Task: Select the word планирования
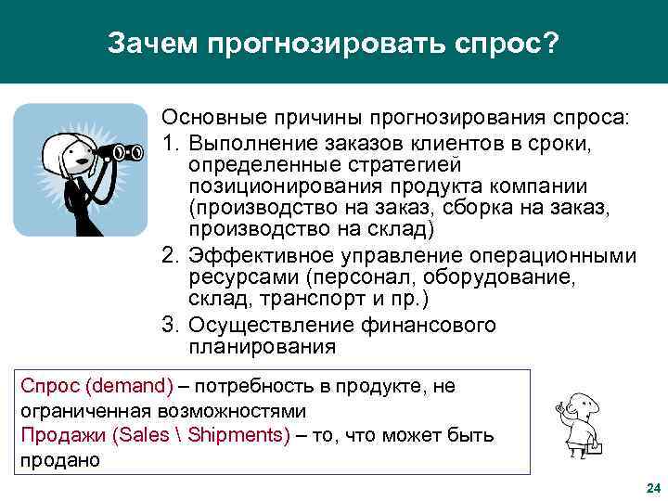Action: click(x=262, y=348)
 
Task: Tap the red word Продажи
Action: click(x=55, y=435)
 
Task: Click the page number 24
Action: click(x=651, y=488)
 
